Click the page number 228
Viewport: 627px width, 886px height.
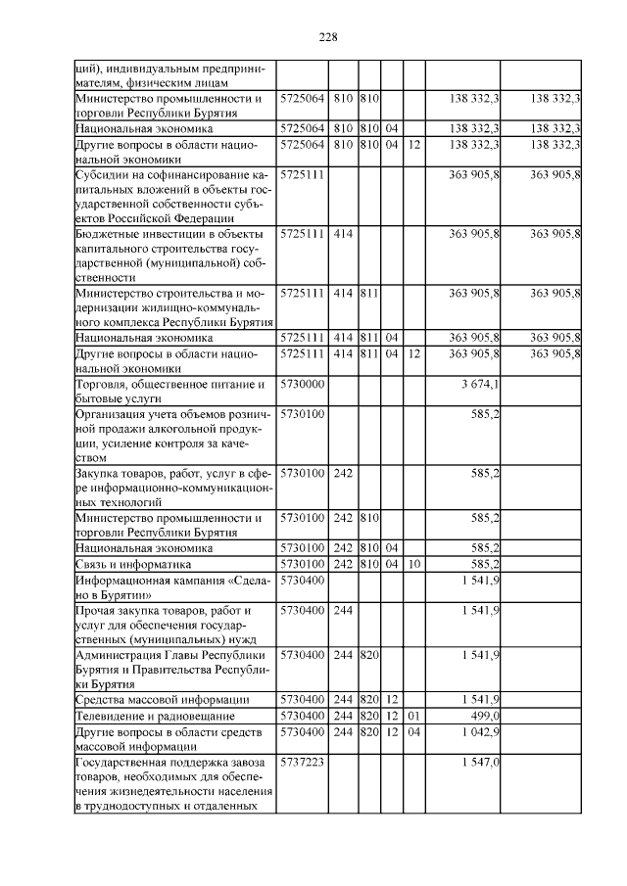pyautogui.click(x=328, y=37)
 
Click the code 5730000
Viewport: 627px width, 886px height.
pyautogui.click(x=302, y=384)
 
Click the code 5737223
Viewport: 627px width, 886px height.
pyautogui.click(x=302, y=761)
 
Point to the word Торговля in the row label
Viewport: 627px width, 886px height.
pyautogui.click(x=102, y=384)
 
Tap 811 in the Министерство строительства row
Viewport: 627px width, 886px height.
pyautogui.click(x=369, y=293)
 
